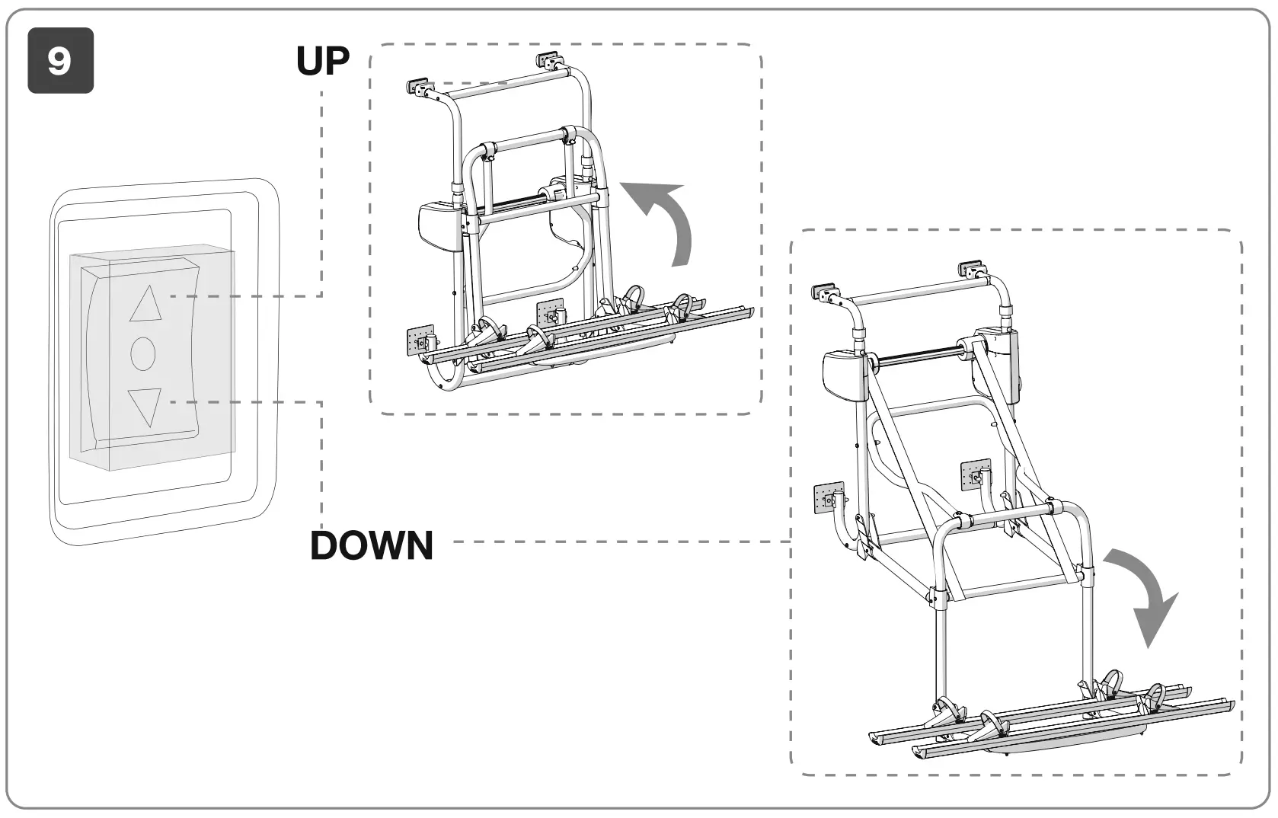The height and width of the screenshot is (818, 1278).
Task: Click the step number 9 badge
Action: click(60, 61)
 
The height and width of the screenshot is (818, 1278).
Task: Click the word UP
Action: click(323, 62)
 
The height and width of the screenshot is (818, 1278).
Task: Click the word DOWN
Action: click(372, 545)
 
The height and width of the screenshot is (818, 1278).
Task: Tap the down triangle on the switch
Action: click(145, 406)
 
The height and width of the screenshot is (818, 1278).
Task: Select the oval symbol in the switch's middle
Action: click(143, 353)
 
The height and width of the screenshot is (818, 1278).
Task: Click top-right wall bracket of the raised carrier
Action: click(548, 59)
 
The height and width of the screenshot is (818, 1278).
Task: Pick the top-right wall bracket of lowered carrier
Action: click(972, 269)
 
